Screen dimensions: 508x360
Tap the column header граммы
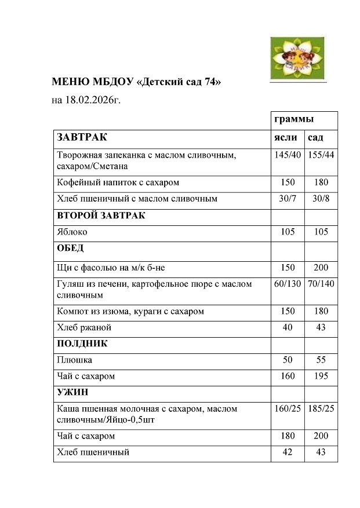coord(294,119)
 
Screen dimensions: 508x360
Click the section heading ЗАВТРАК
coord(82,137)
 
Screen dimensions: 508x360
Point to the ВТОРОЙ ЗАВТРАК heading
coord(101,215)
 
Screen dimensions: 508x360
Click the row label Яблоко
coord(72,232)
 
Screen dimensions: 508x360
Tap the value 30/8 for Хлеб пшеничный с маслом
coord(321,199)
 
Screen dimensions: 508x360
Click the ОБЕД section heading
coord(70,248)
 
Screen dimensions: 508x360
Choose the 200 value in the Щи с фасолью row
coord(321,268)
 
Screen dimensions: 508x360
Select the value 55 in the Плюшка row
coord(321,360)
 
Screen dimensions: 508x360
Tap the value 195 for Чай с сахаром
coord(321,376)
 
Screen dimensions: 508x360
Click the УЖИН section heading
coord(72,392)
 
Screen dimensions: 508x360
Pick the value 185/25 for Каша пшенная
coord(321,409)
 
